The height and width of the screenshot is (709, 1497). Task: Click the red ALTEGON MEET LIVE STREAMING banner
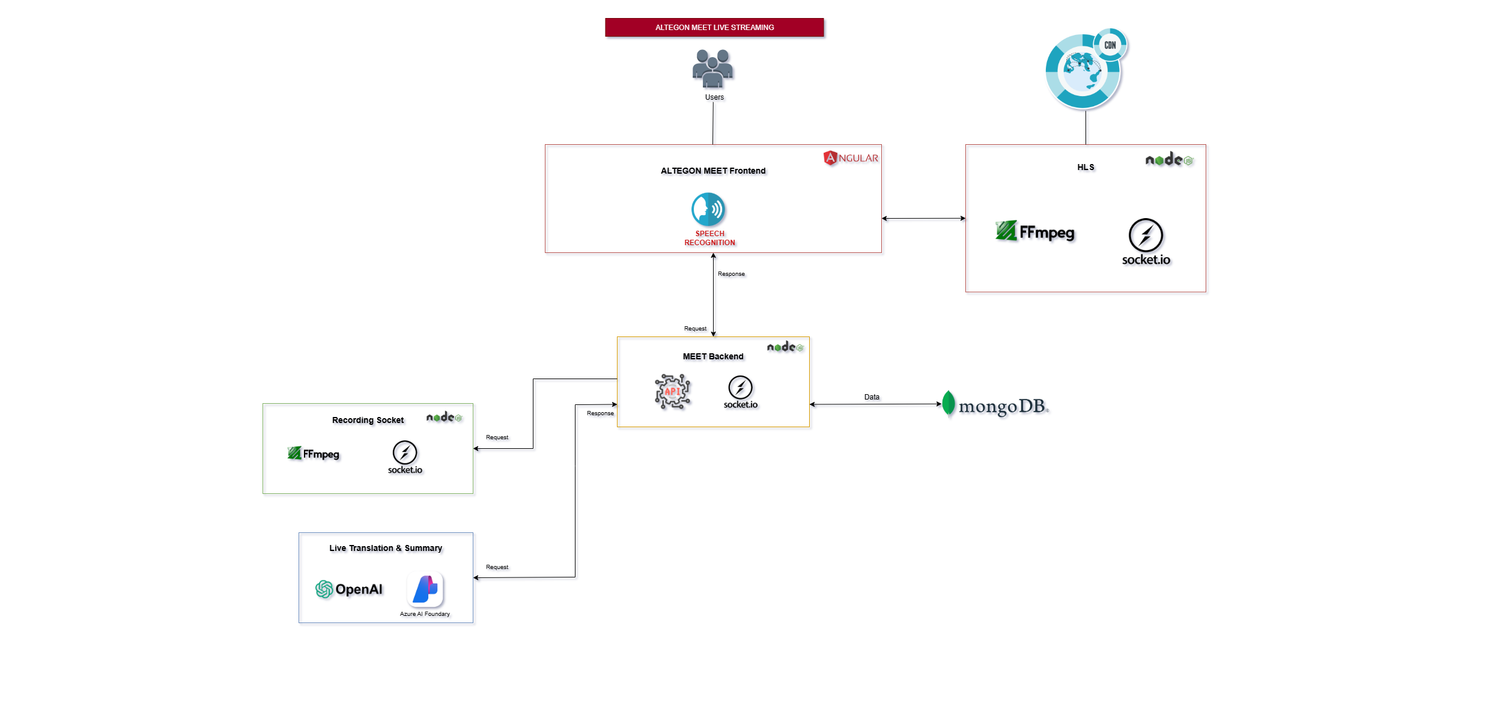click(x=714, y=28)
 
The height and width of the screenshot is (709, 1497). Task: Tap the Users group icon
click(x=712, y=68)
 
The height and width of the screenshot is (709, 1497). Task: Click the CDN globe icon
click(x=1084, y=70)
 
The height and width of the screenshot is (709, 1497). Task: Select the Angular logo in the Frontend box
click(x=850, y=158)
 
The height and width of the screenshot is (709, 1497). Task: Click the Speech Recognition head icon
click(x=708, y=209)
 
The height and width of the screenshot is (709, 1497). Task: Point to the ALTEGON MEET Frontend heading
click(x=713, y=171)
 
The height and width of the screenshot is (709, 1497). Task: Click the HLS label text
click(x=1086, y=168)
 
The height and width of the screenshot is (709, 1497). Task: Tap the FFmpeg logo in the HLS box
click(x=1034, y=232)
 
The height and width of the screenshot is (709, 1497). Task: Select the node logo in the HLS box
click(x=1168, y=160)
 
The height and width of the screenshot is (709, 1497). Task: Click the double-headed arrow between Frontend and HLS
click(x=923, y=219)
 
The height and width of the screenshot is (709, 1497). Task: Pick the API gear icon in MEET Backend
click(x=672, y=392)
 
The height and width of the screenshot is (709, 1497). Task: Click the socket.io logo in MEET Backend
click(x=740, y=392)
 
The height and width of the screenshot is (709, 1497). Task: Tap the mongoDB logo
click(x=995, y=406)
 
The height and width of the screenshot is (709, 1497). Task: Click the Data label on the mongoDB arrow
click(x=872, y=397)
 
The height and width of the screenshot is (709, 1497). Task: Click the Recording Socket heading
click(x=368, y=421)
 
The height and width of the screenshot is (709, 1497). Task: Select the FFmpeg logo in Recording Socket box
click(x=314, y=454)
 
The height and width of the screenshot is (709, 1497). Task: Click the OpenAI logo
click(x=349, y=589)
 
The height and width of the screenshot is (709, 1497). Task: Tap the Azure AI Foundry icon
click(x=425, y=589)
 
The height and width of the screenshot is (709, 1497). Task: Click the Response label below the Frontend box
click(x=731, y=274)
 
